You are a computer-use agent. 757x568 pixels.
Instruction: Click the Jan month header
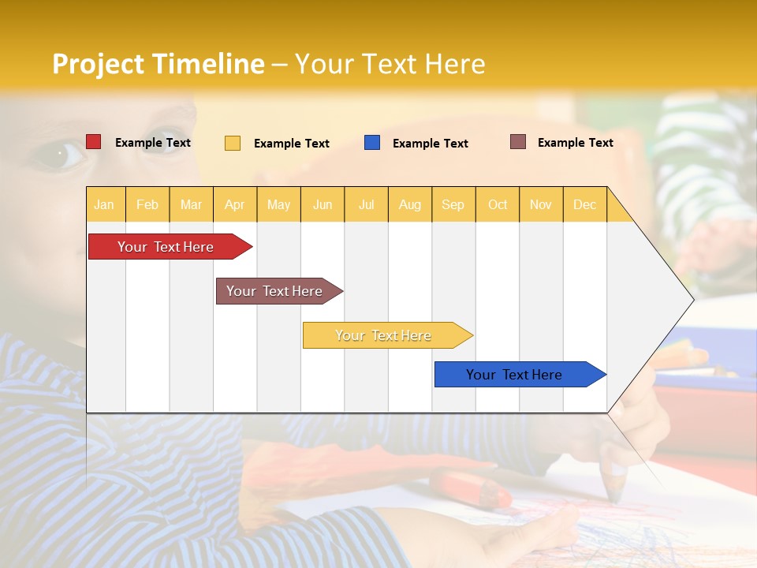(104, 204)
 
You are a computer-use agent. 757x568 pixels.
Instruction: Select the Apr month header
(235, 204)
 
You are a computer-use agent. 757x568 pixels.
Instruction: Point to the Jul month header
(367, 204)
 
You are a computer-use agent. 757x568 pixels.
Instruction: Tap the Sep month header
(453, 204)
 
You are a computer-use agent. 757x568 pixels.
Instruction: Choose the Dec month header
(585, 204)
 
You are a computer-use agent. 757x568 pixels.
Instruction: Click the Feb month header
(147, 204)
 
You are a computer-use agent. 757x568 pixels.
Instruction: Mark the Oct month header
(498, 204)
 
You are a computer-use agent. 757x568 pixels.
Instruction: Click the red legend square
(94, 142)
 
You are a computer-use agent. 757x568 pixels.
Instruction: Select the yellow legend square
(233, 143)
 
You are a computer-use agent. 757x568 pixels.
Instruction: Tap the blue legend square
(372, 143)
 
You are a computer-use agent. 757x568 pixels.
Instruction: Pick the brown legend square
(518, 142)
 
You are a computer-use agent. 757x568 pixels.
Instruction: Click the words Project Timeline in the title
(158, 64)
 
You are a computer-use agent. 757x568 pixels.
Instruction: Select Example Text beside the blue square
(431, 144)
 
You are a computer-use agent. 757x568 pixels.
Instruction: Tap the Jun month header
(323, 204)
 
